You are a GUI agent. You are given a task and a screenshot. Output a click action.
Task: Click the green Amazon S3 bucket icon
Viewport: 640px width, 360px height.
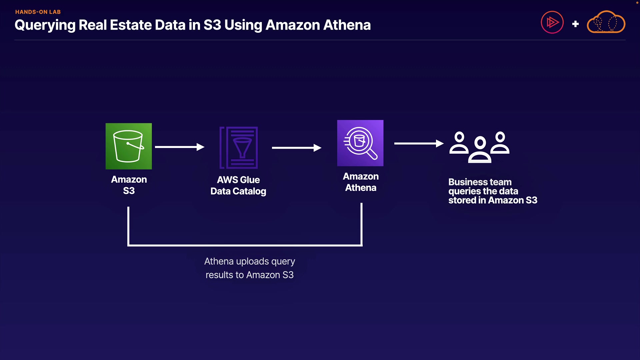click(x=129, y=146)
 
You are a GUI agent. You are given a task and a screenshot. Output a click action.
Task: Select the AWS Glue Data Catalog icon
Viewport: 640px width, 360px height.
click(x=239, y=148)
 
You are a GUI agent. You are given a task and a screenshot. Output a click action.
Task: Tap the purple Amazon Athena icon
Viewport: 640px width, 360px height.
click(x=360, y=143)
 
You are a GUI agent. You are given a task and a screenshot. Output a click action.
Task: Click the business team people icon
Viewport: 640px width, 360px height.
click(x=479, y=147)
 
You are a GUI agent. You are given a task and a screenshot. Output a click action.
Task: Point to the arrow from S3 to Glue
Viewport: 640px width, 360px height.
click(x=180, y=147)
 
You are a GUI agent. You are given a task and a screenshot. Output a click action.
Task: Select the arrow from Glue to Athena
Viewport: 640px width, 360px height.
click(x=297, y=148)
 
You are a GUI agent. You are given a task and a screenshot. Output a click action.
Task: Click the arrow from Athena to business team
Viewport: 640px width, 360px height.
click(x=419, y=143)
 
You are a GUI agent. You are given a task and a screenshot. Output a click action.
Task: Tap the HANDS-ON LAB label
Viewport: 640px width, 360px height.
click(x=38, y=12)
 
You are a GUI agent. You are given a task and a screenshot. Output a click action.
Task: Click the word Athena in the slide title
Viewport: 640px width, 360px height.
click(x=347, y=25)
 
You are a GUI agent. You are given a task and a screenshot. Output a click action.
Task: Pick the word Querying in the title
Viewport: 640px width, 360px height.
click(x=45, y=25)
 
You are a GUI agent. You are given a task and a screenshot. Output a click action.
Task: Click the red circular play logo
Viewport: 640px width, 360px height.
click(x=552, y=22)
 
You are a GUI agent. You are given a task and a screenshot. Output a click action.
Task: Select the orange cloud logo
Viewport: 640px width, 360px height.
click(x=606, y=22)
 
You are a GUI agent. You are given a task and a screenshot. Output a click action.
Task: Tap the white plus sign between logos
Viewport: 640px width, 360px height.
click(x=575, y=24)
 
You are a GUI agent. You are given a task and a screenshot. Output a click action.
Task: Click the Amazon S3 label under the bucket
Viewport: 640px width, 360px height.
click(x=129, y=185)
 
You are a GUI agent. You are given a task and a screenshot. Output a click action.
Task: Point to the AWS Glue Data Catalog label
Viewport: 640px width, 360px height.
click(x=238, y=185)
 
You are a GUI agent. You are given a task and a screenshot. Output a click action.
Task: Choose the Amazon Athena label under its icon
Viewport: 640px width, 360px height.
click(x=361, y=182)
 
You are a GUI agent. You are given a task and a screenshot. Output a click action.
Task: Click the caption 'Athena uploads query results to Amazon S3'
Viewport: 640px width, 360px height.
click(x=250, y=268)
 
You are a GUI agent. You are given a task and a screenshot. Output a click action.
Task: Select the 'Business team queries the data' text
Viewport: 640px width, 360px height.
click(x=483, y=187)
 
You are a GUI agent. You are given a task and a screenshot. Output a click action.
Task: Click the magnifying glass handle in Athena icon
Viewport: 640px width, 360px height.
click(x=372, y=154)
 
